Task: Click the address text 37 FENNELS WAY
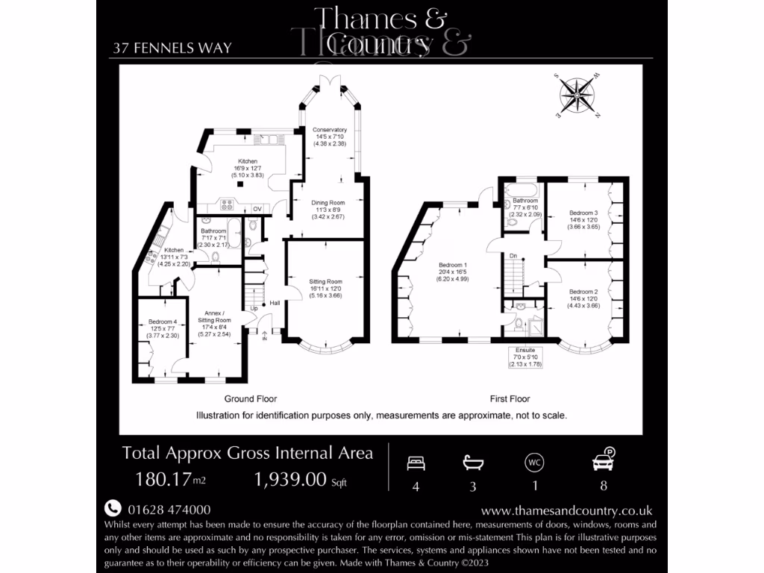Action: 172,48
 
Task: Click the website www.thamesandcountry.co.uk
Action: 566,510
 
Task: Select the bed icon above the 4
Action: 416,463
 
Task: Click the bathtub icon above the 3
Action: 472,463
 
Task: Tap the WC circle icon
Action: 534,463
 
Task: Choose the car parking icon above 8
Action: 602,460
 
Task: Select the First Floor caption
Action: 510,399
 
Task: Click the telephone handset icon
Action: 112,508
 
